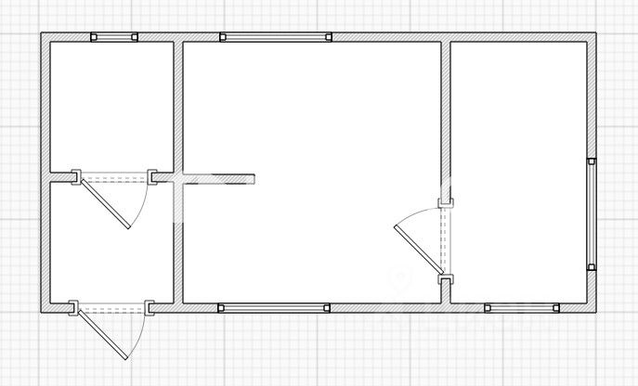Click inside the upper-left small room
point(111,104)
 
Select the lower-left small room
point(110,243)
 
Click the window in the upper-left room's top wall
point(113,37)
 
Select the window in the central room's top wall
point(276,37)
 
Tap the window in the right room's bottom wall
point(521,307)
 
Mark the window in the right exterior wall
point(592,214)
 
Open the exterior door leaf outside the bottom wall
point(100,334)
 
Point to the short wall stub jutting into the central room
point(218,176)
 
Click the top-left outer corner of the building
point(42,34)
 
